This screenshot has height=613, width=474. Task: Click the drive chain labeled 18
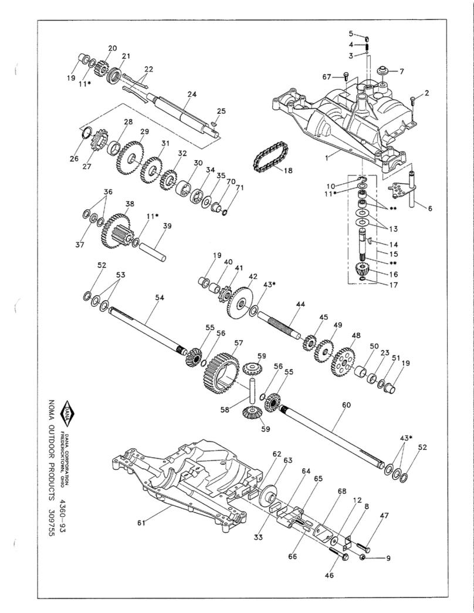pyautogui.click(x=269, y=159)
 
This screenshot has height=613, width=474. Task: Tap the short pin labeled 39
pyautogui.click(x=156, y=250)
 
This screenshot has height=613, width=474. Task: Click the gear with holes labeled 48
pyautogui.click(x=343, y=364)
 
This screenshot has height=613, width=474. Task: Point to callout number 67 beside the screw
pyautogui.click(x=327, y=76)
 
